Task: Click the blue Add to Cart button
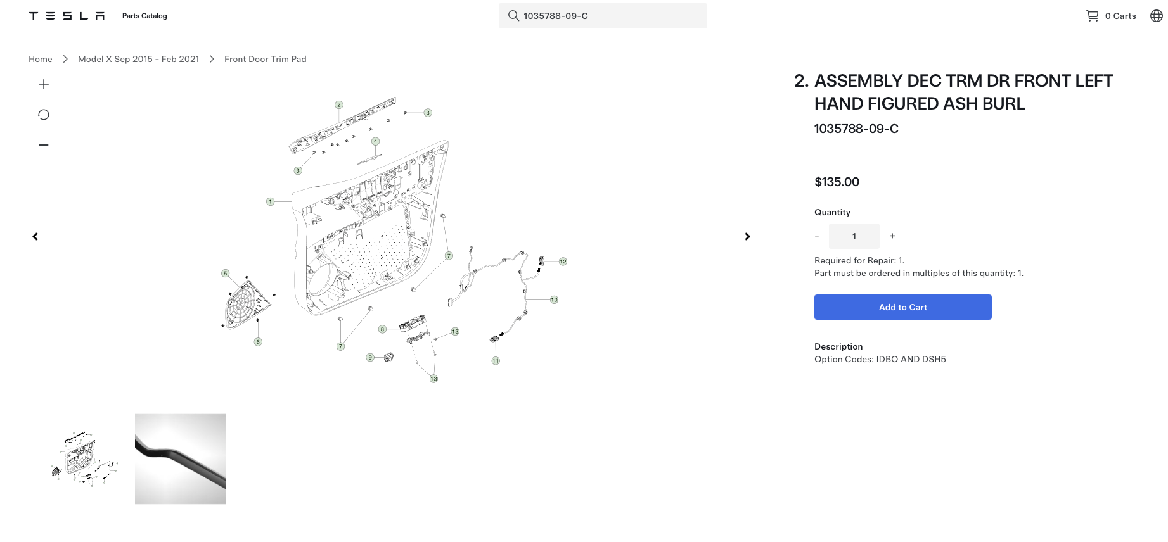point(902,307)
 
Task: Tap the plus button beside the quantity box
point(892,236)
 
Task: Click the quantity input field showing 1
point(854,236)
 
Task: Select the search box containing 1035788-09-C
point(603,16)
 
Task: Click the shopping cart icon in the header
point(1092,16)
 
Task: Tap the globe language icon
point(1157,16)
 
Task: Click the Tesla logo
point(67,16)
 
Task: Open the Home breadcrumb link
point(41,59)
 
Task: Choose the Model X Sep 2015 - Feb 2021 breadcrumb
point(138,59)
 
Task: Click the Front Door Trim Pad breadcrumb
point(266,59)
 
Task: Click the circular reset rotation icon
point(44,115)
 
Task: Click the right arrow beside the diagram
point(748,236)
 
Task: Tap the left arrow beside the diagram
point(35,236)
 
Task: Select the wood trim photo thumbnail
point(181,459)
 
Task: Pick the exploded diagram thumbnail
point(85,459)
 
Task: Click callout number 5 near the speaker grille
point(225,274)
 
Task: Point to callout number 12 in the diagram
point(563,262)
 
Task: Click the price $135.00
point(837,182)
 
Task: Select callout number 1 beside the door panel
point(270,202)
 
